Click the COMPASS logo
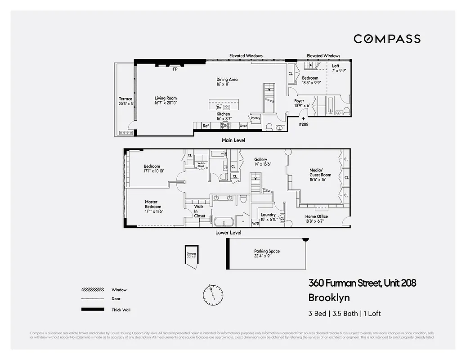coord(387,39)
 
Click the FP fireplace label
coord(175,69)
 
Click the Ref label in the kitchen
coord(206,126)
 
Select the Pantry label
coord(255,118)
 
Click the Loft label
coord(336,66)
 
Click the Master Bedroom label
coord(153,204)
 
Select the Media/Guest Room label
coord(320,173)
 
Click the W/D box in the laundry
coord(255,223)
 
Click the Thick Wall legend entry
coord(121,310)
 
